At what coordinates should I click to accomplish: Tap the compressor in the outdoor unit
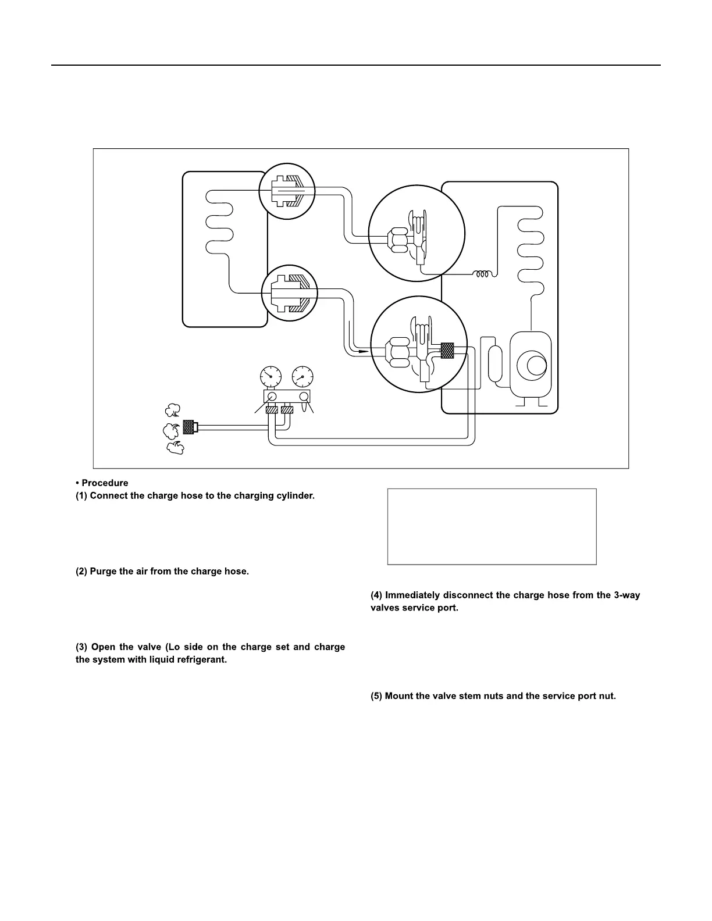tap(530, 366)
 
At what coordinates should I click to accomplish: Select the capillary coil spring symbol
tap(482, 274)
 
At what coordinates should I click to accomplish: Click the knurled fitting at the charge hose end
tap(188, 427)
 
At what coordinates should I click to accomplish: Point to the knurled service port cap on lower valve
tap(447, 351)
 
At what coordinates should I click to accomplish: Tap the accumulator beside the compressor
tap(496, 365)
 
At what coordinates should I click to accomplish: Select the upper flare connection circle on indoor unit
tap(287, 191)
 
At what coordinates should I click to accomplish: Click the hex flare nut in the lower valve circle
tap(400, 352)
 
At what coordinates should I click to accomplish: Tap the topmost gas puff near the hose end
tap(172, 410)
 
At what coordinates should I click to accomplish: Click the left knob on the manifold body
tap(272, 396)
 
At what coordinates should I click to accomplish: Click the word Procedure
tap(105, 483)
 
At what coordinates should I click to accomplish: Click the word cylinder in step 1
tap(295, 496)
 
